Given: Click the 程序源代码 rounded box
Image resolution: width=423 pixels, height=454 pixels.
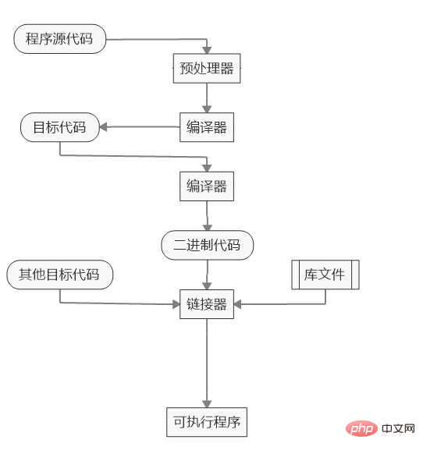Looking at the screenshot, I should coord(59,39).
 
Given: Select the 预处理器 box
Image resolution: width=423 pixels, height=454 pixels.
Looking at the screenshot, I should coord(207,68).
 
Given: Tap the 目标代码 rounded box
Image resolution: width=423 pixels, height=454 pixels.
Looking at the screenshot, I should coord(60,127).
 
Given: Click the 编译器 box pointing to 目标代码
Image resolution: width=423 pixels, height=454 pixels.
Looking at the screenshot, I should coord(207,127).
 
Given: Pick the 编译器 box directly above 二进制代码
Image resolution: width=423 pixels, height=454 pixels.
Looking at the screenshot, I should coord(207,186).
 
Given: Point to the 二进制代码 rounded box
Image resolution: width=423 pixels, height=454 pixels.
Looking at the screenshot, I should coord(208,246).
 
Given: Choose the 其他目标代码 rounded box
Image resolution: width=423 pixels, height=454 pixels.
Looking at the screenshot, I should coord(59,275).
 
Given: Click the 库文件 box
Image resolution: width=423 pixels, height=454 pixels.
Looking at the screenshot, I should coord(325,275).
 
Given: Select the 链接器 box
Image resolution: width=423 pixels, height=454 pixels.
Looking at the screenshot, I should coord(207,304).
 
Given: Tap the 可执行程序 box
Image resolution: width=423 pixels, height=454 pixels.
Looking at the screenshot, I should coord(207,423).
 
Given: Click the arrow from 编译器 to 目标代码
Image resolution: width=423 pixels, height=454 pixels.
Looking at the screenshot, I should coord(140,127).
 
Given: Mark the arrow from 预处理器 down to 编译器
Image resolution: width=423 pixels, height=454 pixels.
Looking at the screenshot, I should coord(207,98).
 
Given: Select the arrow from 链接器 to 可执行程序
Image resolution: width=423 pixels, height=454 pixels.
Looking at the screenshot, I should coord(207,363).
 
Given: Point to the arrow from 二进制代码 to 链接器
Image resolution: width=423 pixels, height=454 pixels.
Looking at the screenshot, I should coord(207,275).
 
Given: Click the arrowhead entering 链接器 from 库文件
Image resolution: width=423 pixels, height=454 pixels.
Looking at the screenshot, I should coord(238,304).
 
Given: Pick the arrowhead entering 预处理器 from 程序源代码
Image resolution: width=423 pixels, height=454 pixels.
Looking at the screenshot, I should coord(207,48).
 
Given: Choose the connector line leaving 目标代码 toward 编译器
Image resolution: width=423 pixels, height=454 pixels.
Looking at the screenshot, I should coord(133,156).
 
